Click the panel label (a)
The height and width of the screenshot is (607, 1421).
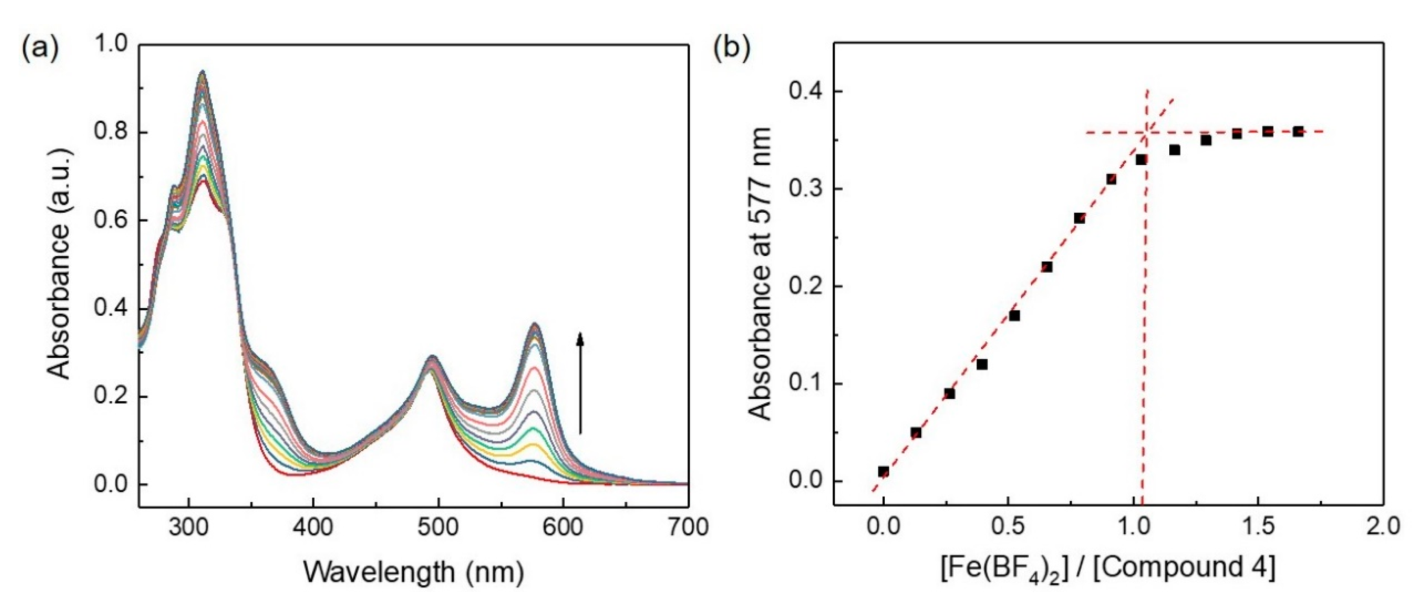click(x=40, y=48)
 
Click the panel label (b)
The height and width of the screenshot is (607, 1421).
click(x=732, y=48)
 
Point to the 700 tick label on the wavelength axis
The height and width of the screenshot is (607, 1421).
click(x=688, y=527)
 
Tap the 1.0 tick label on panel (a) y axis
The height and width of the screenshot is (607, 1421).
click(x=111, y=44)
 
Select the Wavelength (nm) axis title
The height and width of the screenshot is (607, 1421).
click(x=413, y=572)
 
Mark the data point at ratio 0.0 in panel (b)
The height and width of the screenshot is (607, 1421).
click(x=884, y=471)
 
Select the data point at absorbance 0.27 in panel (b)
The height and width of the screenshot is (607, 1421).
click(x=1079, y=218)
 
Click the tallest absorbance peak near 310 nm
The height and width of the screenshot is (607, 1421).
click(x=203, y=72)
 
